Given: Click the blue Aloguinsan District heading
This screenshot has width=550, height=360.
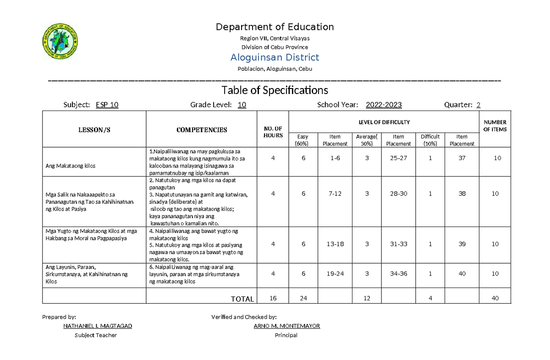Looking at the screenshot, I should (x=275, y=57).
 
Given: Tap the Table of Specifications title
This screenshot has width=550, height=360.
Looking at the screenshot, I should (x=275, y=89).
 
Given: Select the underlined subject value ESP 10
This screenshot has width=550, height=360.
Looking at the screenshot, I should (x=107, y=105).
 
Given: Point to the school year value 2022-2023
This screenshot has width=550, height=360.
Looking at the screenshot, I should (x=384, y=105).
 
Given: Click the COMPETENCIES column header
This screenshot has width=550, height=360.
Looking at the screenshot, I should (x=202, y=130).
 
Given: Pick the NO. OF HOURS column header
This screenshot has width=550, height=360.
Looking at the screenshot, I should (x=273, y=132).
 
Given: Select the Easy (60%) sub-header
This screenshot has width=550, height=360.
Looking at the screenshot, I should (x=303, y=140).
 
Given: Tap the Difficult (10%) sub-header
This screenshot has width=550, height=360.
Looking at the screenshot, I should (x=430, y=140).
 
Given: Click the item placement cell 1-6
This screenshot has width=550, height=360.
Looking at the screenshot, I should (x=335, y=158).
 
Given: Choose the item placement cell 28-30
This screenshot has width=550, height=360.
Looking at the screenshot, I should (x=398, y=194).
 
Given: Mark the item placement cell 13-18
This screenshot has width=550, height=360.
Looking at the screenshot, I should (x=335, y=244).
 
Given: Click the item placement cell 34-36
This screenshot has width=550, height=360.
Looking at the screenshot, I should (x=398, y=274).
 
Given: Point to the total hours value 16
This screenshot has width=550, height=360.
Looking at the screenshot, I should (x=273, y=299).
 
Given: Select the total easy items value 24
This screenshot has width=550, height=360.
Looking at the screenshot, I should (x=303, y=299).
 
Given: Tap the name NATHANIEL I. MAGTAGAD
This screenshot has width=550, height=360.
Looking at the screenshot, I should (x=97, y=326).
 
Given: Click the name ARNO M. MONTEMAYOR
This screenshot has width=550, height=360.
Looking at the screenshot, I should (x=286, y=326).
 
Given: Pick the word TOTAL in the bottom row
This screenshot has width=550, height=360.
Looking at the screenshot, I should (x=242, y=299).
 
